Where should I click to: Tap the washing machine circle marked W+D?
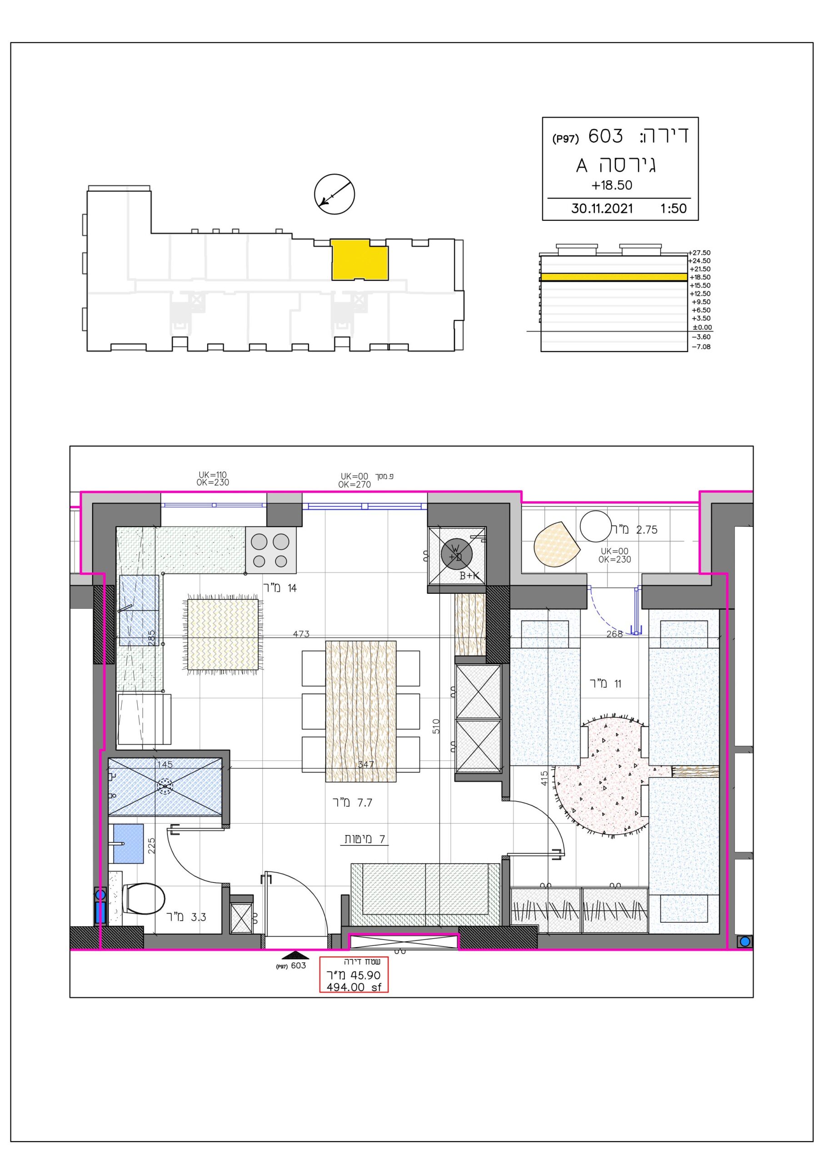coord(456,554)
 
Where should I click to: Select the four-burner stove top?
coord(271,551)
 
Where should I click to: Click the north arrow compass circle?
coord(334,194)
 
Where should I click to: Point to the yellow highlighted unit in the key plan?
coord(360,260)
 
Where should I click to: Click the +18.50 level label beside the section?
coord(700,277)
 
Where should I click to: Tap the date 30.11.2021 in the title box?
coord(602,209)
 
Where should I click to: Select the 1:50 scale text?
coord(673,209)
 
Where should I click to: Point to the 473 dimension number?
coord(301,634)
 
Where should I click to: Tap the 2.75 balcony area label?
coord(647,530)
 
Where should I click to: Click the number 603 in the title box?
coord(606,136)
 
